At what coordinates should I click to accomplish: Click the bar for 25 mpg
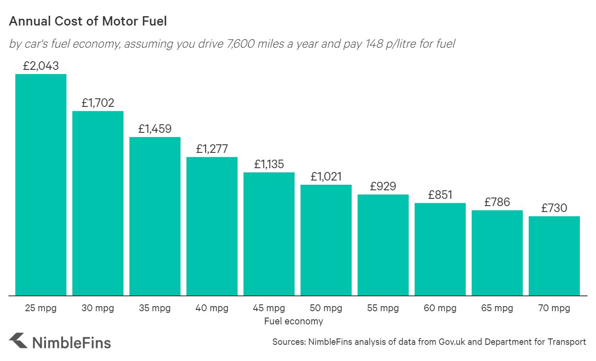[x=41, y=185]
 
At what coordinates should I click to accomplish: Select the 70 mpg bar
[x=554, y=255]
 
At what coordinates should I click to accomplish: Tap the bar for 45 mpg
[x=269, y=234]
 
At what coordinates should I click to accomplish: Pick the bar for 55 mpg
[x=383, y=245]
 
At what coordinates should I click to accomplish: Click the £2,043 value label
[x=41, y=66]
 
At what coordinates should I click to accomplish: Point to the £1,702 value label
[x=98, y=103]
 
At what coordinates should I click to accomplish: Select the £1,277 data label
[x=212, y=149]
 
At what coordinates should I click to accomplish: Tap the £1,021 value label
[x=326, y=177]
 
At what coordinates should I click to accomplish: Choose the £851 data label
[x=440, y=195]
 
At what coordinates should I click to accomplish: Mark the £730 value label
[x=554, y=208]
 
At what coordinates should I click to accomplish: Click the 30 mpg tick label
[x=98, y=308]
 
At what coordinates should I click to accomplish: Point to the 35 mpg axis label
[x=155, y=308]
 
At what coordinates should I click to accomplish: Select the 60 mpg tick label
[x=440, y=308]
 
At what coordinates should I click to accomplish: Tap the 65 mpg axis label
[x=497, y=308]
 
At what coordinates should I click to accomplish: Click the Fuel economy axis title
[x=294, y=321]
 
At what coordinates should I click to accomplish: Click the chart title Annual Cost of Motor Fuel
[x=88, y=21]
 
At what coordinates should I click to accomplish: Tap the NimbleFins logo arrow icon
[x=18, y=341]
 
